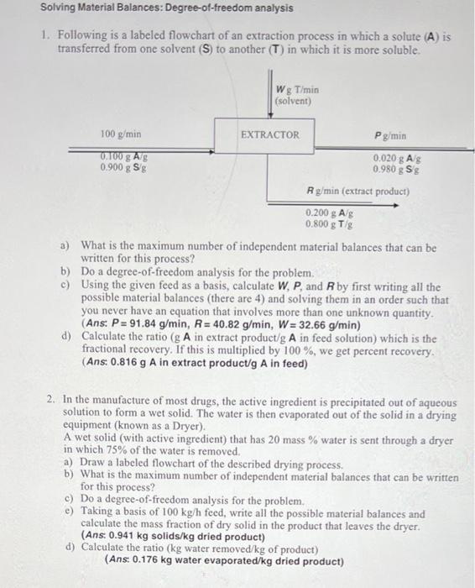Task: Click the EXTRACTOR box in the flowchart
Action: tap(269, 134)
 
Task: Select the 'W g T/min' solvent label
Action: tap(298, 91)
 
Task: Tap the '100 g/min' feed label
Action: tap(121, 134)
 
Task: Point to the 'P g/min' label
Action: tap(384, 134)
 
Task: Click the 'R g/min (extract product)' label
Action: tap(358, 192)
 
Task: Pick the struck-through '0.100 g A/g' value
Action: tap(122, 155)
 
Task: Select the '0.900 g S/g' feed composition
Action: tap(122, 166)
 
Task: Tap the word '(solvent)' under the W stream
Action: tap(293, 101)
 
